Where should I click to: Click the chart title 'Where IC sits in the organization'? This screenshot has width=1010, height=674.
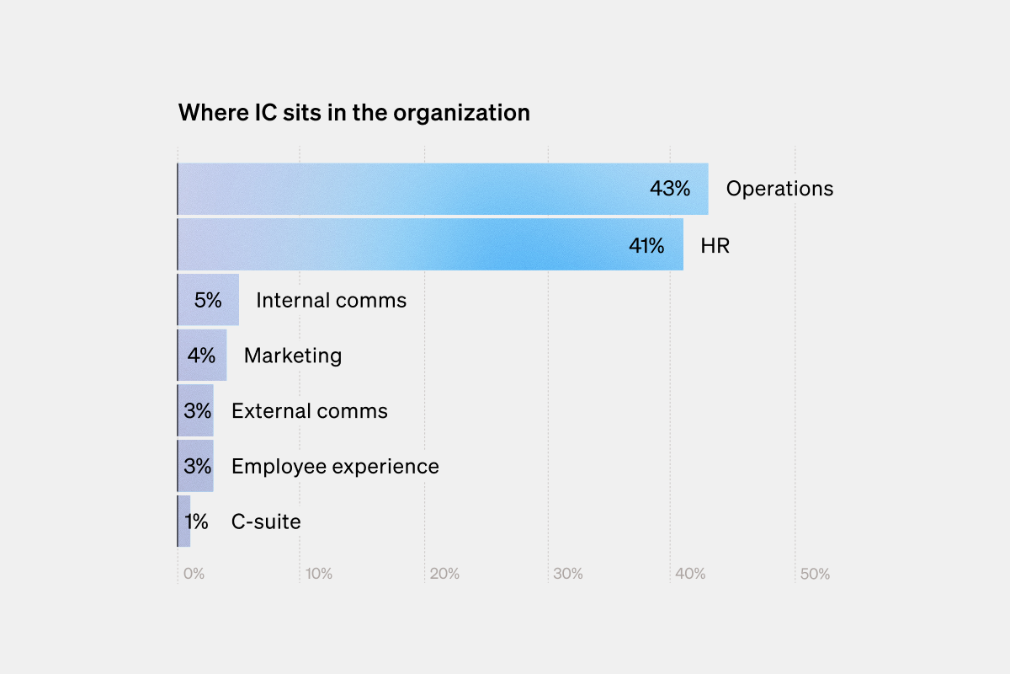pyautogui.click(x=353, y=113)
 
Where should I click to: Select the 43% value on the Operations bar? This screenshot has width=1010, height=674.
pyautogui.click(x=669, y=189)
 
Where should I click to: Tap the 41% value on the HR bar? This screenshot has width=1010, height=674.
pyautogui.click(x=646, y=246)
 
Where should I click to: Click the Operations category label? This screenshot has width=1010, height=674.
pyautogui.click(x=779, y=189)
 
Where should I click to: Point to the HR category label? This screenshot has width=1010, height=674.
pyautogui.click(x=715, y=246)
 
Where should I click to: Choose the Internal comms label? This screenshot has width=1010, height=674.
pyautogui.click(x=331, y=300)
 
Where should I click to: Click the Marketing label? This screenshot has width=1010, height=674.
pyautogui.click(x=293, y=356)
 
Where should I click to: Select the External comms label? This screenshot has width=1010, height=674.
pyautogui.click(x=310, y=411)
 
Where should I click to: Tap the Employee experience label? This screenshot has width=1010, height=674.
pyautogui.click(x=335, y=467)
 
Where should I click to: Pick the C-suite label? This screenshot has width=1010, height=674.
pyautogui.click(x=266, y=522)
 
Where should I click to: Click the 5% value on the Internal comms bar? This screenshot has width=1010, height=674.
pyautogui.click(x=208, y=300)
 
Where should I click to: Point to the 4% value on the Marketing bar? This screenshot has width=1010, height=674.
pyautogui.click(x=201, y=356)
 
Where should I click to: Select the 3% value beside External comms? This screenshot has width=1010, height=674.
pyautogui.click(x=197, y=411)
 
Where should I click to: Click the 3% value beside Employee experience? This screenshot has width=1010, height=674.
pyautogui.click(x=197, y=467)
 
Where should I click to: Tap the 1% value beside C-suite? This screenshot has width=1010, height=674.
pyautogui.click(x=195, y=522)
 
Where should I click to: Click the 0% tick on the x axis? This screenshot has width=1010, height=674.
pyautogui.click(x=194, y=575)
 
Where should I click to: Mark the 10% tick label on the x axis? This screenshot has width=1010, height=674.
pyautogui.click(x=319, y=575)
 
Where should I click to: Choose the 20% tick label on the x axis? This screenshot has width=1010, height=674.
pyautogui.click(x=444, y=575)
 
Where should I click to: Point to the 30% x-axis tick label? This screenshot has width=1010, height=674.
pyautogui.click(x=567, y=575)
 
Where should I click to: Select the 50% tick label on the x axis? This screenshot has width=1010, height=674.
pyautogui.click(x=815, y=575)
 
